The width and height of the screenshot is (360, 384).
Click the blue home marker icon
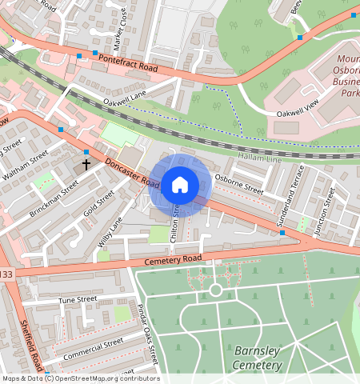[180, 185]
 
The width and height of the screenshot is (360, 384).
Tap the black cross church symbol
[86, 165]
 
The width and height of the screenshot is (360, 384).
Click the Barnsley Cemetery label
[258, 358]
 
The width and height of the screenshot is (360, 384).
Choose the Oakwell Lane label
[126, 99]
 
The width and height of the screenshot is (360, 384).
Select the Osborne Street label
[238, 185]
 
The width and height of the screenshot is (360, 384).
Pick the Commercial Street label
[94, 347]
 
